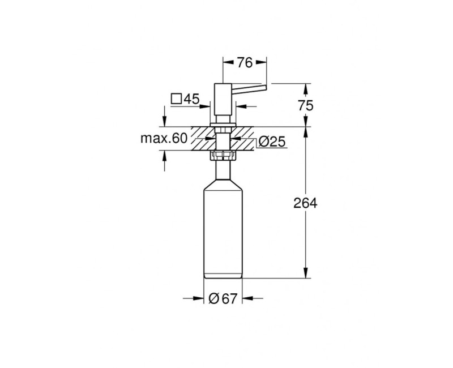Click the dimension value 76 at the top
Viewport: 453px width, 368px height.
coord(244,63)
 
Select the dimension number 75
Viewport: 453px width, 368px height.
coord(306,105)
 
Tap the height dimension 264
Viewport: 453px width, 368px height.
coord(306,203)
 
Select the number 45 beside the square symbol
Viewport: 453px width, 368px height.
coord(191,99)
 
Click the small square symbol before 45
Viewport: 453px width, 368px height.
coord(176,99)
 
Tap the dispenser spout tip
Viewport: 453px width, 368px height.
coord(264,87)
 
